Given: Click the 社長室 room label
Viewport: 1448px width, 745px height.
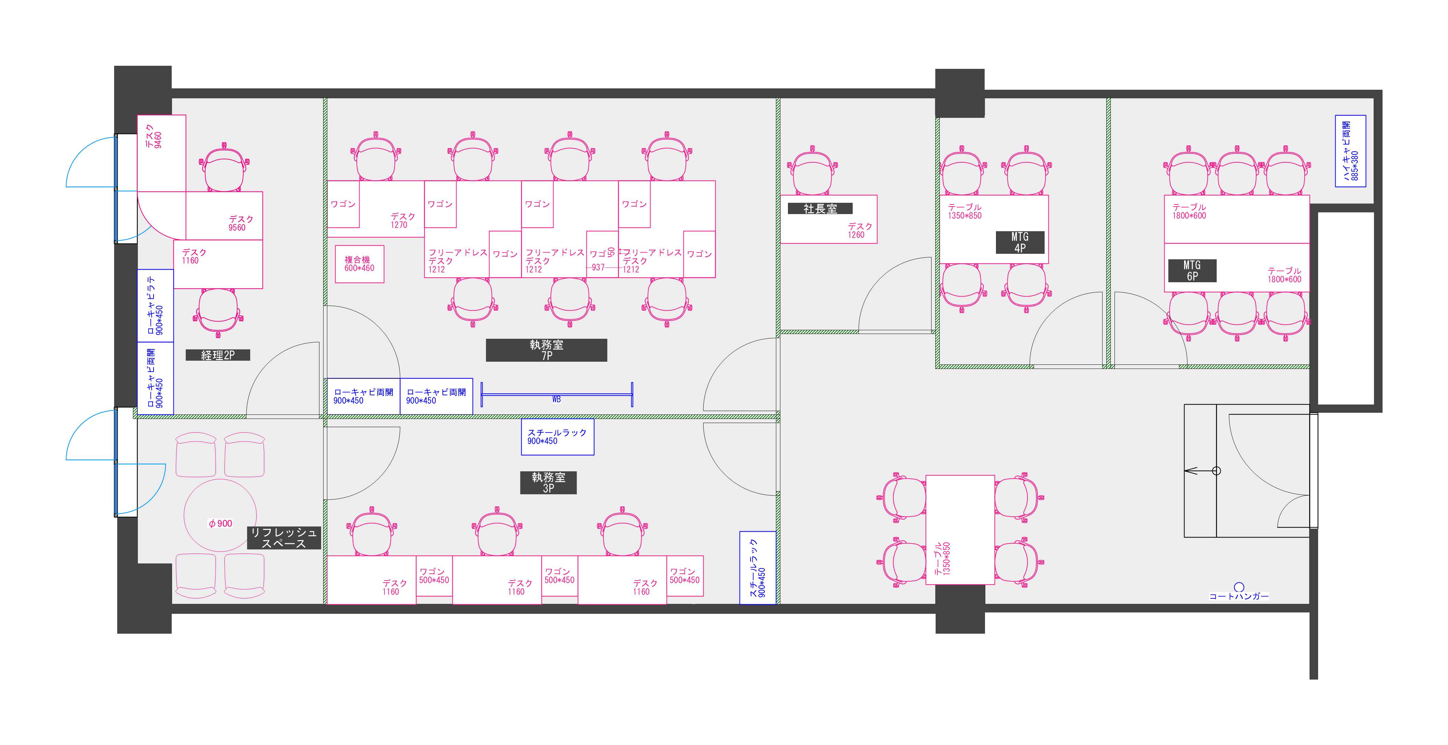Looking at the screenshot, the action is pos(820,209).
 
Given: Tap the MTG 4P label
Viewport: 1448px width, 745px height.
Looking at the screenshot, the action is pos(1020,242).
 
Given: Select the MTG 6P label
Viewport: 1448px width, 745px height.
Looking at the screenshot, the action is pos(1192,270).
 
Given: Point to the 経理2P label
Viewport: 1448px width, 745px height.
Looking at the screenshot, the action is pos(218,355).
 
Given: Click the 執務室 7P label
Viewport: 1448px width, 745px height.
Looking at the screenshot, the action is pos(546,350).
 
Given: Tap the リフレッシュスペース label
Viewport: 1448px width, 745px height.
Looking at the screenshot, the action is pos(284,538).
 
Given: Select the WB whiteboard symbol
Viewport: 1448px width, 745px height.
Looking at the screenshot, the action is pos(557,394).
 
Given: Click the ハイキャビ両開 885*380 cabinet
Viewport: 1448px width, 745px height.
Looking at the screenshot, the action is pos(1350,151).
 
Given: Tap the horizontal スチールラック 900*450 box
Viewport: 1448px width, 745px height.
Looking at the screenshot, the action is pos(558,436).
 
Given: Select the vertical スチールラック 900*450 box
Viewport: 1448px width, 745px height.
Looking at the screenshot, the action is pos(758,568).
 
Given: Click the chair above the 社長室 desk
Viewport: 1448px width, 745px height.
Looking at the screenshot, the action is pos(812,171).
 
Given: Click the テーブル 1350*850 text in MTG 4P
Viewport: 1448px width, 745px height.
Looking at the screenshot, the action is pos(964,211).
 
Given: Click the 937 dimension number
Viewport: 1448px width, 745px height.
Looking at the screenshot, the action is pos(598,268).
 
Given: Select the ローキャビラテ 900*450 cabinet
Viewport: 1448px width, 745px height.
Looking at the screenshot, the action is pos(156,306).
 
